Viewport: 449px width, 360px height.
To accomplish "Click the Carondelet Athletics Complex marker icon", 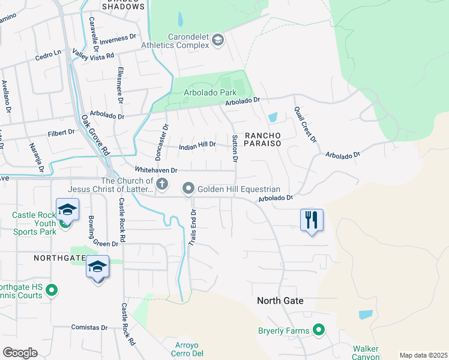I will [x=218, y=40].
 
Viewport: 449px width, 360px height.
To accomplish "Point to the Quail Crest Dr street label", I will [x=305, y=125].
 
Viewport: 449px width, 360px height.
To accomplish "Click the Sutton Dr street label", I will [x=235, y=149].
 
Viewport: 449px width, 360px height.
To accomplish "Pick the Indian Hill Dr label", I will [x=197, y=146].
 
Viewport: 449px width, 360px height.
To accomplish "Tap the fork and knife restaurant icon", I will [x=311, y=219].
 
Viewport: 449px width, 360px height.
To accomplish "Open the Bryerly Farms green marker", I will [x=319, y=330].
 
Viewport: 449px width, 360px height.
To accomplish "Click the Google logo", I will [x=20, y=353].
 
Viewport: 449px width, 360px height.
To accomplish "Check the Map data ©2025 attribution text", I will [x=423, y=355].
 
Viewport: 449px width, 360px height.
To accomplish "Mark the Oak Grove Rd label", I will [x=95, y=136].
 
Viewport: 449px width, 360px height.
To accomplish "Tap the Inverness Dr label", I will [x=118, y=39].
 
